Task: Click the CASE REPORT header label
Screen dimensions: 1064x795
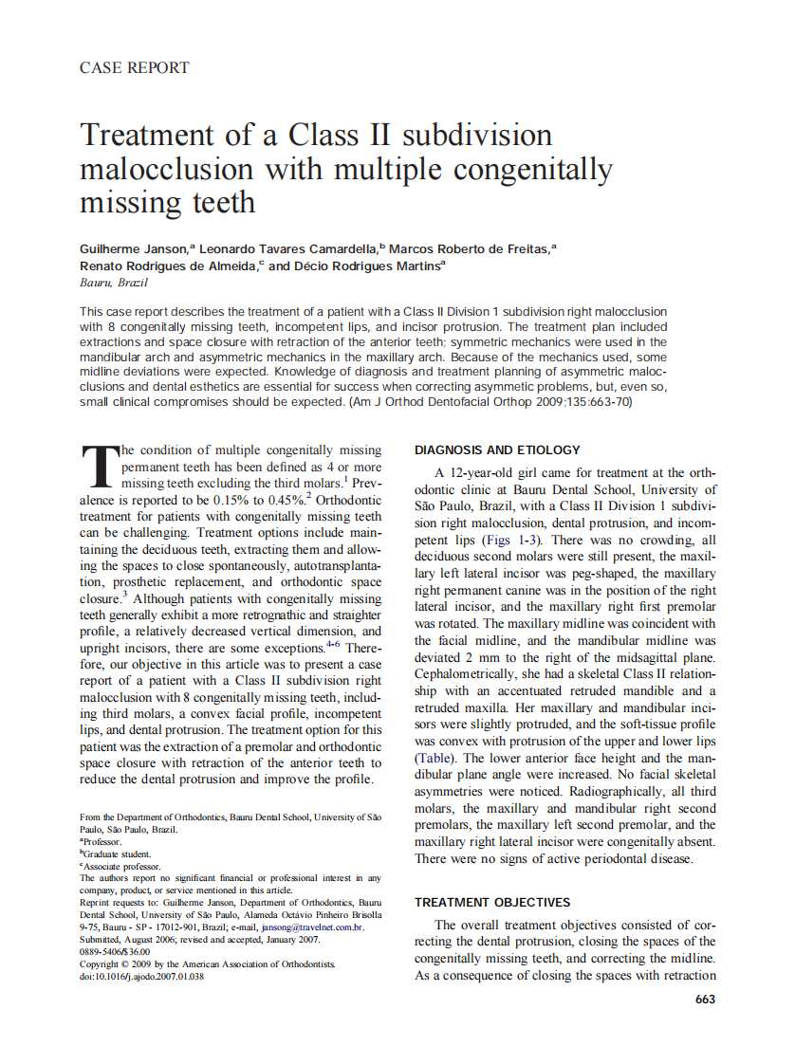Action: click(134, 68)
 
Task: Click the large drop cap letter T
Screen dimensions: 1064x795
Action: click(98, 466)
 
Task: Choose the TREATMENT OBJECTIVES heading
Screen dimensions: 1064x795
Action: click(492, 903)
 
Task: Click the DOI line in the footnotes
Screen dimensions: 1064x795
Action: click(141, 976)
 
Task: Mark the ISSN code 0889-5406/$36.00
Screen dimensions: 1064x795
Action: click(115, 951)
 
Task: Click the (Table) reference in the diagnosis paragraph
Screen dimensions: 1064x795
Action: click(438, 760)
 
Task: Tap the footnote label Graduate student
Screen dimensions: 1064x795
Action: click(115, 853)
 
